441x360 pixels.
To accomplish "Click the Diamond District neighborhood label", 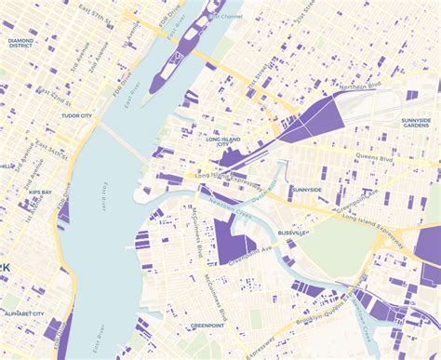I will pos(20,43).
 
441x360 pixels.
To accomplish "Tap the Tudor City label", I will pos(75,116).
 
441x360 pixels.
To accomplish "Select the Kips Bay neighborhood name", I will pos(40,192).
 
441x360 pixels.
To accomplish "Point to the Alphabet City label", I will pos(24,313).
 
